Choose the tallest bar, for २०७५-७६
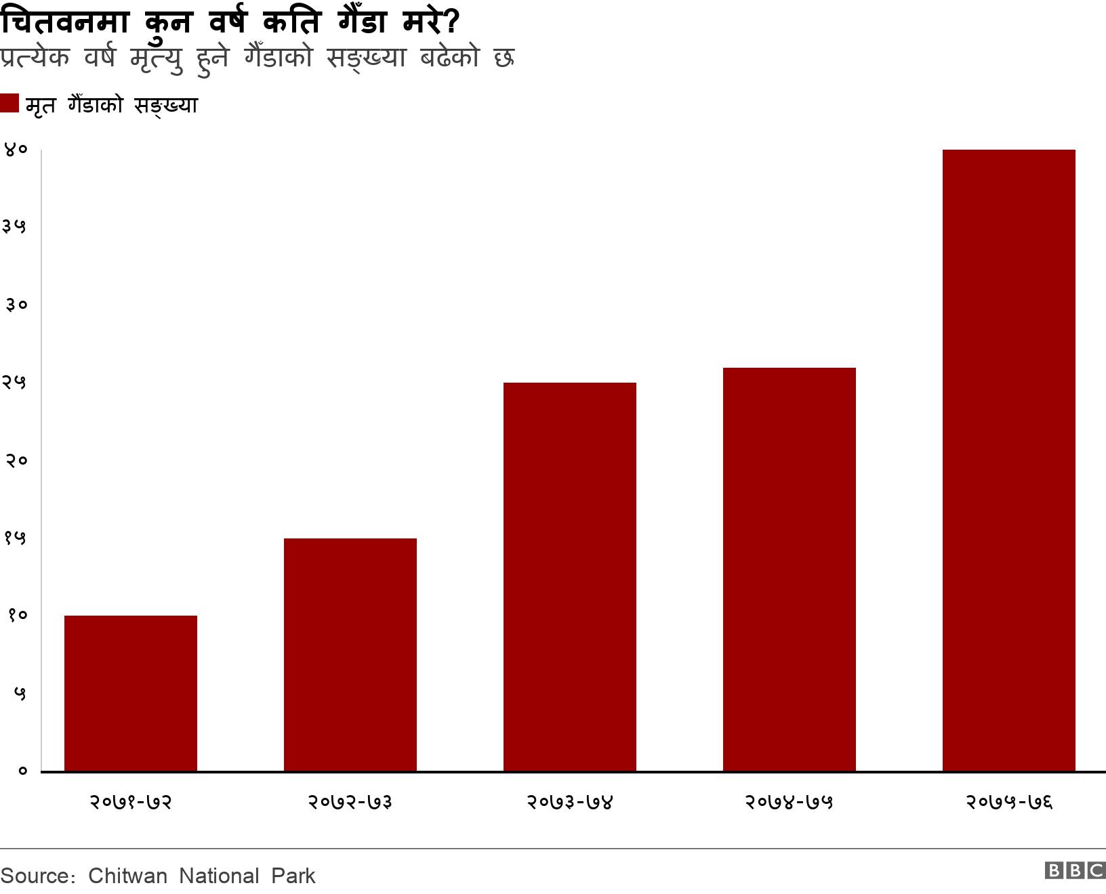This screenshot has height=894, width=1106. point(1009,460)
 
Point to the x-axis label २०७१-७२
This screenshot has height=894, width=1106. point(131,802)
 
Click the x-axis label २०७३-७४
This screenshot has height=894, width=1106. point(570,802)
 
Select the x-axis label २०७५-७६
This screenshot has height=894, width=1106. point(1009,802)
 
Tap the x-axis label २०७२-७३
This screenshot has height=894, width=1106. point(350,802)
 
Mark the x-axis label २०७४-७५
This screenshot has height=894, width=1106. point(790,802)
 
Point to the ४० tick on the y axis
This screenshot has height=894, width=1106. point(15,150)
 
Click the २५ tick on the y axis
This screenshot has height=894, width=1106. point(15,383)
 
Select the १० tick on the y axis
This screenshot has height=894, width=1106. point(16,616)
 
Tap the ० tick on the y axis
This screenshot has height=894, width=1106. point(22,771)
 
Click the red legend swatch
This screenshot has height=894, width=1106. point(9,104)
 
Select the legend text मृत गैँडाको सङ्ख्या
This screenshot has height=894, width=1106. point(111,106)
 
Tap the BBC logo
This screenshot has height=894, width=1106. point(1075,870)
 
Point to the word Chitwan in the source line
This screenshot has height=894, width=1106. point(127,876)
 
